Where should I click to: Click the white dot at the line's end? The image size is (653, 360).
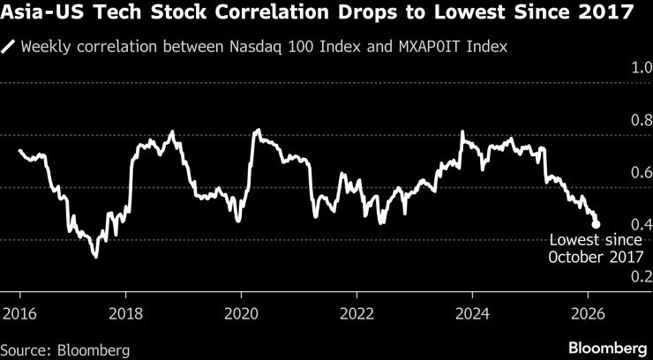[x=596, y=225]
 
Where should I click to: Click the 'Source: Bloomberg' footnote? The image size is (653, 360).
[x=65, y=350]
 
